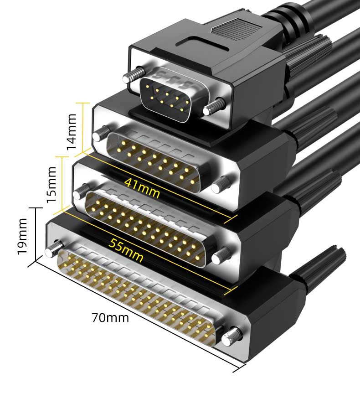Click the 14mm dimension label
pos(71,132)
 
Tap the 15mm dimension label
pos(51,185)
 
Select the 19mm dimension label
pos(22,236)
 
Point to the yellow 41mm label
pos(142,187)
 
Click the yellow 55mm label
pos(126,250)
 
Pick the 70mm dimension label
pos(110,318)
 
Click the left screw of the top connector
pos(134,74)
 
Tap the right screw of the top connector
pos(215,106)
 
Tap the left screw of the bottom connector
pos(54,248)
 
